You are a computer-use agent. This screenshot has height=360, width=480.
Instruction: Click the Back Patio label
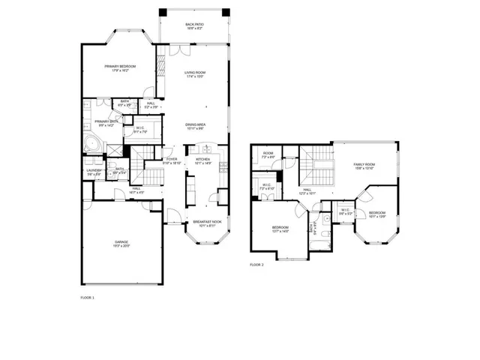tap(195, 26)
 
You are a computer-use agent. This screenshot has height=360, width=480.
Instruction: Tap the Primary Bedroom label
tap(120, 68)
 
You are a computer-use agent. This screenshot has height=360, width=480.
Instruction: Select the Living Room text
tap(195, 74)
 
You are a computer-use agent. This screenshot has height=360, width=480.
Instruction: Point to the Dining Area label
tap(196, 126)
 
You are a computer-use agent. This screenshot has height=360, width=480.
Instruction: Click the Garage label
tap(121, 244)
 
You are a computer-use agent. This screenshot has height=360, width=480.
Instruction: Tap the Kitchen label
tap(202, 160)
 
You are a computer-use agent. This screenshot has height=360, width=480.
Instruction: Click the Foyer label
tap(172, 160)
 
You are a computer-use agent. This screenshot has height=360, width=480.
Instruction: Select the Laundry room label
tap(93, 172)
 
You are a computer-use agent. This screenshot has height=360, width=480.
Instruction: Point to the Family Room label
tap(364, 166)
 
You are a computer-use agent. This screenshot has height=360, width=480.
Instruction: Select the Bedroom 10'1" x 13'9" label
tap(376, 214)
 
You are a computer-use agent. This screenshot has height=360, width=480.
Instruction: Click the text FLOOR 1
tap(87, 298)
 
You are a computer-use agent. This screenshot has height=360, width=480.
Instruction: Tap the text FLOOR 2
tap(257, 265)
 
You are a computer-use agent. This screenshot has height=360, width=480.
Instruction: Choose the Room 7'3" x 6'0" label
tap(268, 155)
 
